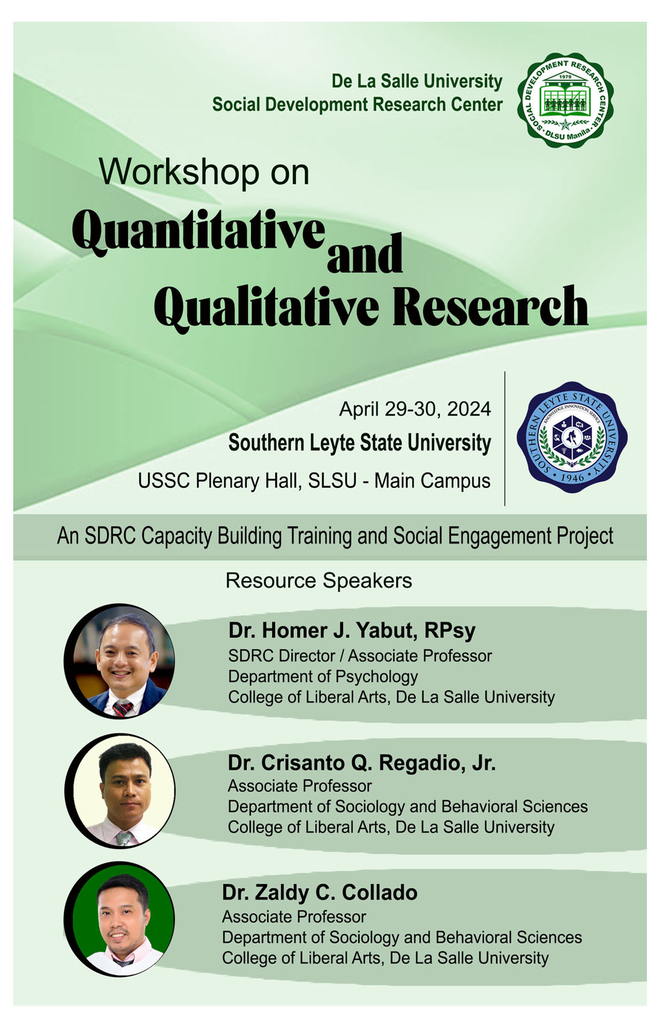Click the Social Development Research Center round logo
coord(565,100)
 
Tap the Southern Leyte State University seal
coord(572,437)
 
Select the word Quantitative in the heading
coord(198,231)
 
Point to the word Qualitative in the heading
coord(267,307)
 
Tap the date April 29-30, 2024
coord(415,408)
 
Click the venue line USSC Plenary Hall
coord(314,481)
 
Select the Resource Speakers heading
coord(319,581)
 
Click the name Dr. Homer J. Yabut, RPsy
coord(352,631)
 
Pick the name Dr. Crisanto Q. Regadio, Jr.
coord(362,763)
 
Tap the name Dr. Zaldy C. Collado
coord(320,892)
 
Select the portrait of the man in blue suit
coord(119,661)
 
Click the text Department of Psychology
coord(323,677)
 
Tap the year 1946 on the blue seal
coord(572,477)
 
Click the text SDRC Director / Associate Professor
coord(360,656)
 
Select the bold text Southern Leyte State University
coord(360,443)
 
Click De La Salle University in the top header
coord(417,81)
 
